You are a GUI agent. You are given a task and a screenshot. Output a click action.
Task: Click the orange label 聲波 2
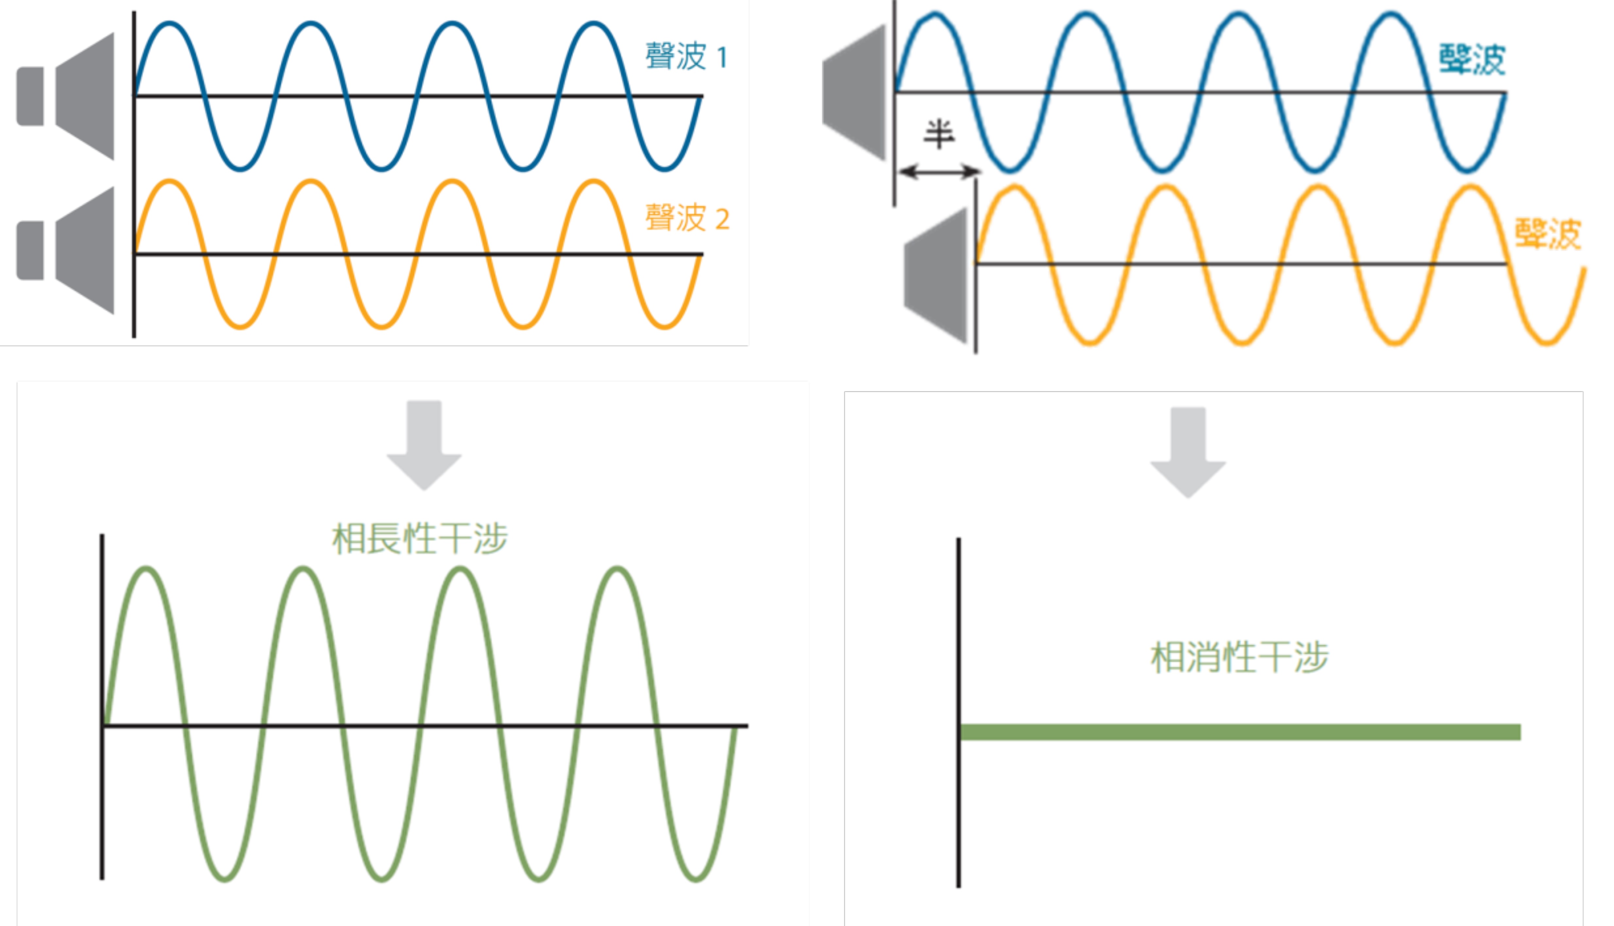tap(687, 218)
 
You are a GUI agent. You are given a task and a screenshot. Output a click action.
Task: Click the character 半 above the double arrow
tap(939, 134)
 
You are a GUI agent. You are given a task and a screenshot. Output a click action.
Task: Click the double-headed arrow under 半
tap(939, 171)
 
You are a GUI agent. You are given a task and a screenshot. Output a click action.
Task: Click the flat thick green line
tap(1240, 732)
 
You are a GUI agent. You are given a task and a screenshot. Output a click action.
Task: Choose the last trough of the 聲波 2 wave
tap(664, 327)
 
